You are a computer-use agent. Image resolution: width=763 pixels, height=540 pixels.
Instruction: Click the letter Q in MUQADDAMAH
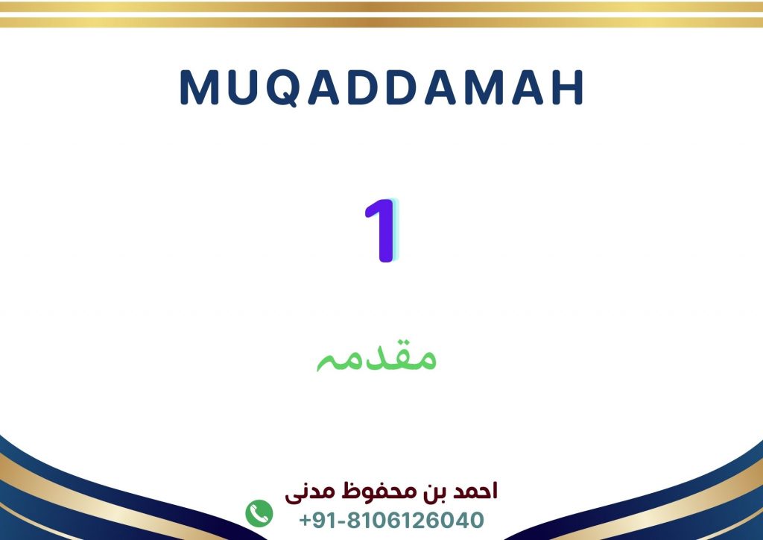[283, 88]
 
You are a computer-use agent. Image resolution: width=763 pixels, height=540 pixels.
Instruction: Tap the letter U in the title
[242, 88]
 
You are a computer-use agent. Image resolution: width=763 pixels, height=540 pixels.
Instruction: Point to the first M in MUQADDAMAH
[199, 88]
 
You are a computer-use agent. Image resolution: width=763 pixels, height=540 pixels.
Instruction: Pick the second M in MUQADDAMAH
[483, 88]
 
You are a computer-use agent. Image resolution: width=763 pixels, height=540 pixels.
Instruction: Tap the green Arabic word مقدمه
[376, 357]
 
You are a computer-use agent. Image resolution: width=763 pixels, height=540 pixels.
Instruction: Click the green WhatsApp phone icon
[259, 513]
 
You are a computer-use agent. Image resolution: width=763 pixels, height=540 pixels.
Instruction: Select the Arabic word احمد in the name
[475, 491]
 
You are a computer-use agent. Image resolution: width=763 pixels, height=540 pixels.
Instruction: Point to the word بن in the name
[433, 492]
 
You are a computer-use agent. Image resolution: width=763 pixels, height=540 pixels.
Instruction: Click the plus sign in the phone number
[305, 521]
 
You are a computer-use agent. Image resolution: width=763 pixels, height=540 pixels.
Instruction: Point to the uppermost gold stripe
[381, 6]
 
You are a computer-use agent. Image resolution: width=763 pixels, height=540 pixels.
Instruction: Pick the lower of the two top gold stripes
[381, 22]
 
